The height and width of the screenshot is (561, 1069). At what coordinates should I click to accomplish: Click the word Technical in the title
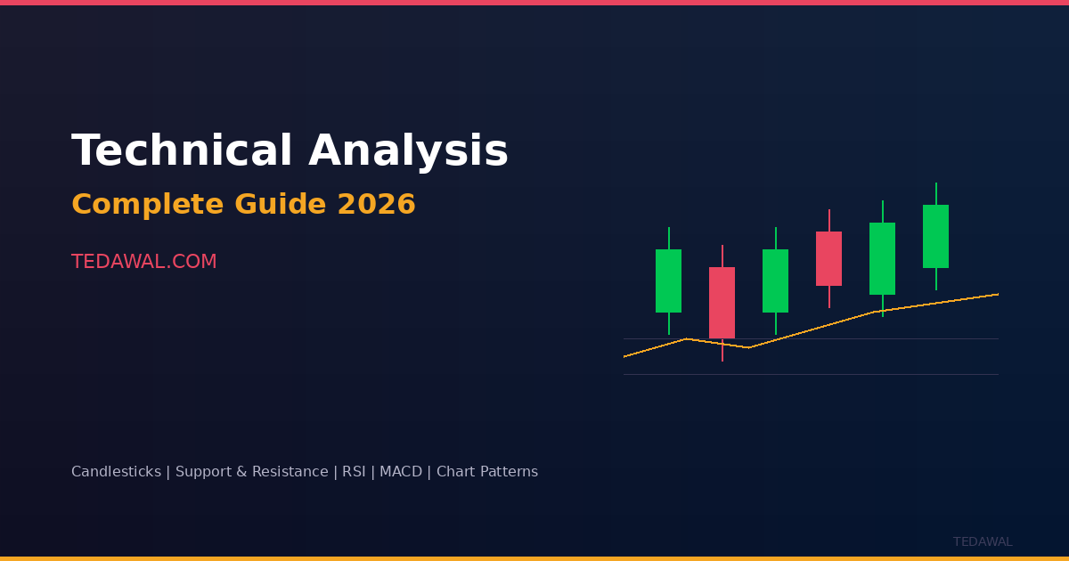click(182, 150)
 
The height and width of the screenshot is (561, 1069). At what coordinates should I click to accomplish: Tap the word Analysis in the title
click(409, 151)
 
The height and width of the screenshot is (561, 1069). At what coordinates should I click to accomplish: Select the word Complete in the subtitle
click(148, 205)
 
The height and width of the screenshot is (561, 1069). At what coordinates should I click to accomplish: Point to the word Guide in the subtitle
click(281, 204)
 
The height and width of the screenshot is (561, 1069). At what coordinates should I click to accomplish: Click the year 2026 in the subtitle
click(377, 204)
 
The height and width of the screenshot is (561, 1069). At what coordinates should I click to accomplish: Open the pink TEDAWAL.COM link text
click(144, 262)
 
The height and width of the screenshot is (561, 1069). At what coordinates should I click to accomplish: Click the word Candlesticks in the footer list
click(116, 471)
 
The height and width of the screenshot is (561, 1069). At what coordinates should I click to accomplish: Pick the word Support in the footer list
click(203, 472)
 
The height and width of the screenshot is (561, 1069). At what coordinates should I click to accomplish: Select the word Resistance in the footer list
click(290, 471)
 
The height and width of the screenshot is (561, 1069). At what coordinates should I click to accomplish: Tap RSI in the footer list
click(354, 471)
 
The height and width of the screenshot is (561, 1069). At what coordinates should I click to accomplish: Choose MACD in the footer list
click(401, 471)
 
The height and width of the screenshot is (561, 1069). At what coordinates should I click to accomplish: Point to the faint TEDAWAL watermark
click(983, 542)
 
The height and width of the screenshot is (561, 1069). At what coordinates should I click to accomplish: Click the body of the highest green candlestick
click(936, 236)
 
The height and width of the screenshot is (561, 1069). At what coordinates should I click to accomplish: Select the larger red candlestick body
click(722, 303)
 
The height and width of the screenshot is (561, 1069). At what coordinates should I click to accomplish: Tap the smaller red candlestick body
click(829, 258)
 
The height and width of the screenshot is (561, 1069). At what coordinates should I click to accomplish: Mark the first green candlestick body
click(669, 280)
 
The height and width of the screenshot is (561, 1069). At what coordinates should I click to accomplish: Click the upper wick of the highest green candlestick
click(936, 194)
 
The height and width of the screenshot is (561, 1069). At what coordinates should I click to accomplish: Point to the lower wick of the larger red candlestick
click(722, 350)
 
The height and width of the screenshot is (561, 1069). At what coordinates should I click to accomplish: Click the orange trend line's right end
click(999, 294)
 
